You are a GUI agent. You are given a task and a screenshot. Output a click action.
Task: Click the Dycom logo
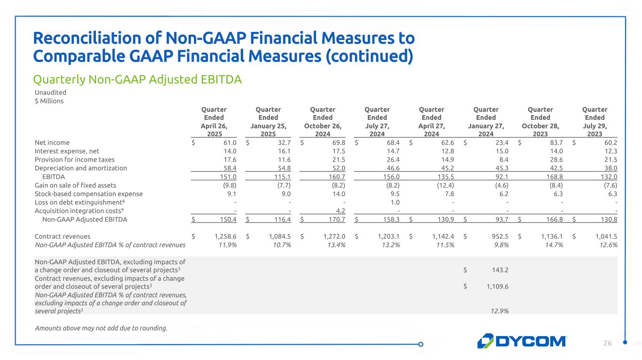(x=522, y=341)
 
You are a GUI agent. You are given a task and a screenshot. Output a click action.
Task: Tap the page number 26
(x=608, y=344)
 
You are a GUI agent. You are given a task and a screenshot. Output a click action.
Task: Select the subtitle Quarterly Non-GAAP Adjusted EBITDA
(x=137, y=80)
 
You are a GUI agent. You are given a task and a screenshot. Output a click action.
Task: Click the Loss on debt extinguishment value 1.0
(x=395, y=202)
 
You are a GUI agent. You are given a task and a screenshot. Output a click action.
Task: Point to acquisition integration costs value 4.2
(x=341, y=211)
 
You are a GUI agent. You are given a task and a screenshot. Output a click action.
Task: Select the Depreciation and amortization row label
(x=81, y=168)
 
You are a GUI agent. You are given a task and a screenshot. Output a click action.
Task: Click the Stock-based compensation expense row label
(x=89, y=194)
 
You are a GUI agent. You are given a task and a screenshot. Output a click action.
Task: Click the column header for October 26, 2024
(x=323, y=121)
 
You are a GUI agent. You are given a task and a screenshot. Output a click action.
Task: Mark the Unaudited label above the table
(x=50, y=93)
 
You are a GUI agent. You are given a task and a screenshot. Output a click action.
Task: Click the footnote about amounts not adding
(x=101, y=328)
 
